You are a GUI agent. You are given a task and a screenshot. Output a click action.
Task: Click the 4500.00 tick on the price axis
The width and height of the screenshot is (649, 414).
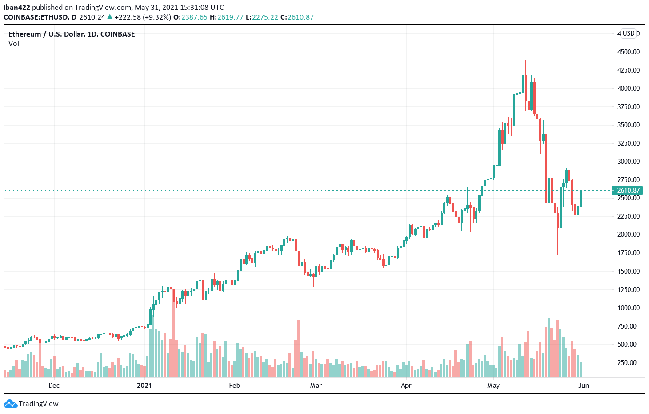[628, 52]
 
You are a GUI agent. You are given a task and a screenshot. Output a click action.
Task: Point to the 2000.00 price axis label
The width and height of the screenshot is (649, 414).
[628, 235]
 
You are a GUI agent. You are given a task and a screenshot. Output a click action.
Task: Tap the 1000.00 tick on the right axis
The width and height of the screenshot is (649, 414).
[628, 308]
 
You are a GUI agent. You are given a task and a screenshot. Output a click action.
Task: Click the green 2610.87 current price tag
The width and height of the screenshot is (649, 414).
[628, 191]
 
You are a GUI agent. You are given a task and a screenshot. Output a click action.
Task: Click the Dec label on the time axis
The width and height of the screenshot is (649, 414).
[54, 386]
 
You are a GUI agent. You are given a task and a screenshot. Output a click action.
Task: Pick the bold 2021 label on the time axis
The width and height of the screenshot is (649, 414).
[144, 386]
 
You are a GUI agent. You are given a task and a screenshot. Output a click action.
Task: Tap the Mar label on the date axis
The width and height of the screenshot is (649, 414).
[316, 386]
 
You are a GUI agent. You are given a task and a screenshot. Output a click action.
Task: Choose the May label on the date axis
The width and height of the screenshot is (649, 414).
[493, 386]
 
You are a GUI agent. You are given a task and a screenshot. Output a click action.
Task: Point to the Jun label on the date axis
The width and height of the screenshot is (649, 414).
[583, 386]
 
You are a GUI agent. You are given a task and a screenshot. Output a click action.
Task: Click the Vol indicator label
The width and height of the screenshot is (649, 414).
[14, 44]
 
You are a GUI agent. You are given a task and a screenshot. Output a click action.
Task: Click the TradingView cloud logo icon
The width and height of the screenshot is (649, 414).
[10, 404]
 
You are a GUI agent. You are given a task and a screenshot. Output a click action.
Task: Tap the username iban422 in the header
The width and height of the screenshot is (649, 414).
[16, 8]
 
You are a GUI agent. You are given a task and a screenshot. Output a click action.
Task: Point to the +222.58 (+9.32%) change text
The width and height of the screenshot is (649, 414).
[142, 17]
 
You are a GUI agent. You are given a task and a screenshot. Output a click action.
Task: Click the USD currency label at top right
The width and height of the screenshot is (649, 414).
[628, 33]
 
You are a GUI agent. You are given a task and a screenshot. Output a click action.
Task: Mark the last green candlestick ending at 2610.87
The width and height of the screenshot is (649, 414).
[581, 198]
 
